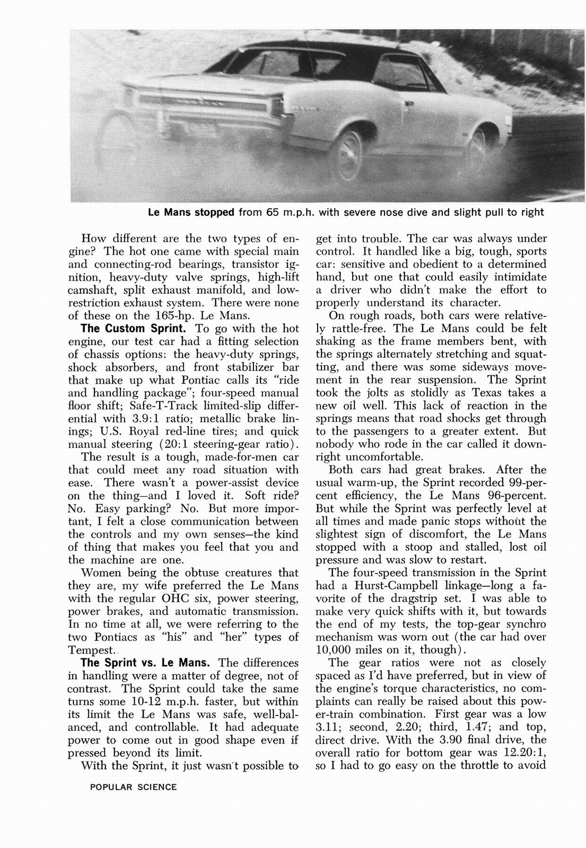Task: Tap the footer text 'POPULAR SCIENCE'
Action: click(x=133, y=787)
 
